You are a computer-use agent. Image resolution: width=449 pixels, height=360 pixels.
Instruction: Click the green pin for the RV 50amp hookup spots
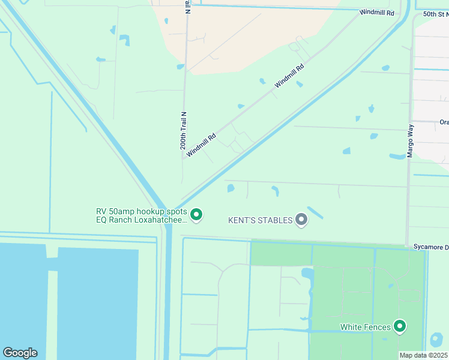[196, 214]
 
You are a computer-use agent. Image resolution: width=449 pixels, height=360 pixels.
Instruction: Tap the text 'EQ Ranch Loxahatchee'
[142, 220]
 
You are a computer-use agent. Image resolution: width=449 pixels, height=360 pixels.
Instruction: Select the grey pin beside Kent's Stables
[301, 220]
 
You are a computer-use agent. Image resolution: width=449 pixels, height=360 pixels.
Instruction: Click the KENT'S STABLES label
[260, 220]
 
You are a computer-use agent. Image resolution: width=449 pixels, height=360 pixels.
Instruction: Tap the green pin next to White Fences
[399, 326]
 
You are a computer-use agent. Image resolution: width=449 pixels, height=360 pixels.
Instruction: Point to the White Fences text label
[366, 327]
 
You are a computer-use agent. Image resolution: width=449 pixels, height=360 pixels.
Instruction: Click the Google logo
[20, 353]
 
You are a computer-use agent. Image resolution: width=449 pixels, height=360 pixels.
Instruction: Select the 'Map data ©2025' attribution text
[423, 355]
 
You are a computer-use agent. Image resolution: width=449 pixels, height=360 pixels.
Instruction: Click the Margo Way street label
[411, 140]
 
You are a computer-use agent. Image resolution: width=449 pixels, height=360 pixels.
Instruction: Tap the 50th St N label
[435, 13]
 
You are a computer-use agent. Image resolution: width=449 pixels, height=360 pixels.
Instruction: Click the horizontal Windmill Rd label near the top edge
[377, 12]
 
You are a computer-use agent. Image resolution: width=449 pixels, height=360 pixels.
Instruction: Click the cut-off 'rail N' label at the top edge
[187, 7]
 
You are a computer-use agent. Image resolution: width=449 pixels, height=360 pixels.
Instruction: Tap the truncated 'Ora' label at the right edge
[444, 122]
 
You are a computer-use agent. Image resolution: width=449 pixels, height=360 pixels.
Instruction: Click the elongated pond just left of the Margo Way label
[397, 157]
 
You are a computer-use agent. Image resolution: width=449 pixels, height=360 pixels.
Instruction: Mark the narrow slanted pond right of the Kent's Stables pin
[315, 212]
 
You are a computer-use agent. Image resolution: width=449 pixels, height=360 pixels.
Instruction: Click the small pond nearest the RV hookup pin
[231, 188]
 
